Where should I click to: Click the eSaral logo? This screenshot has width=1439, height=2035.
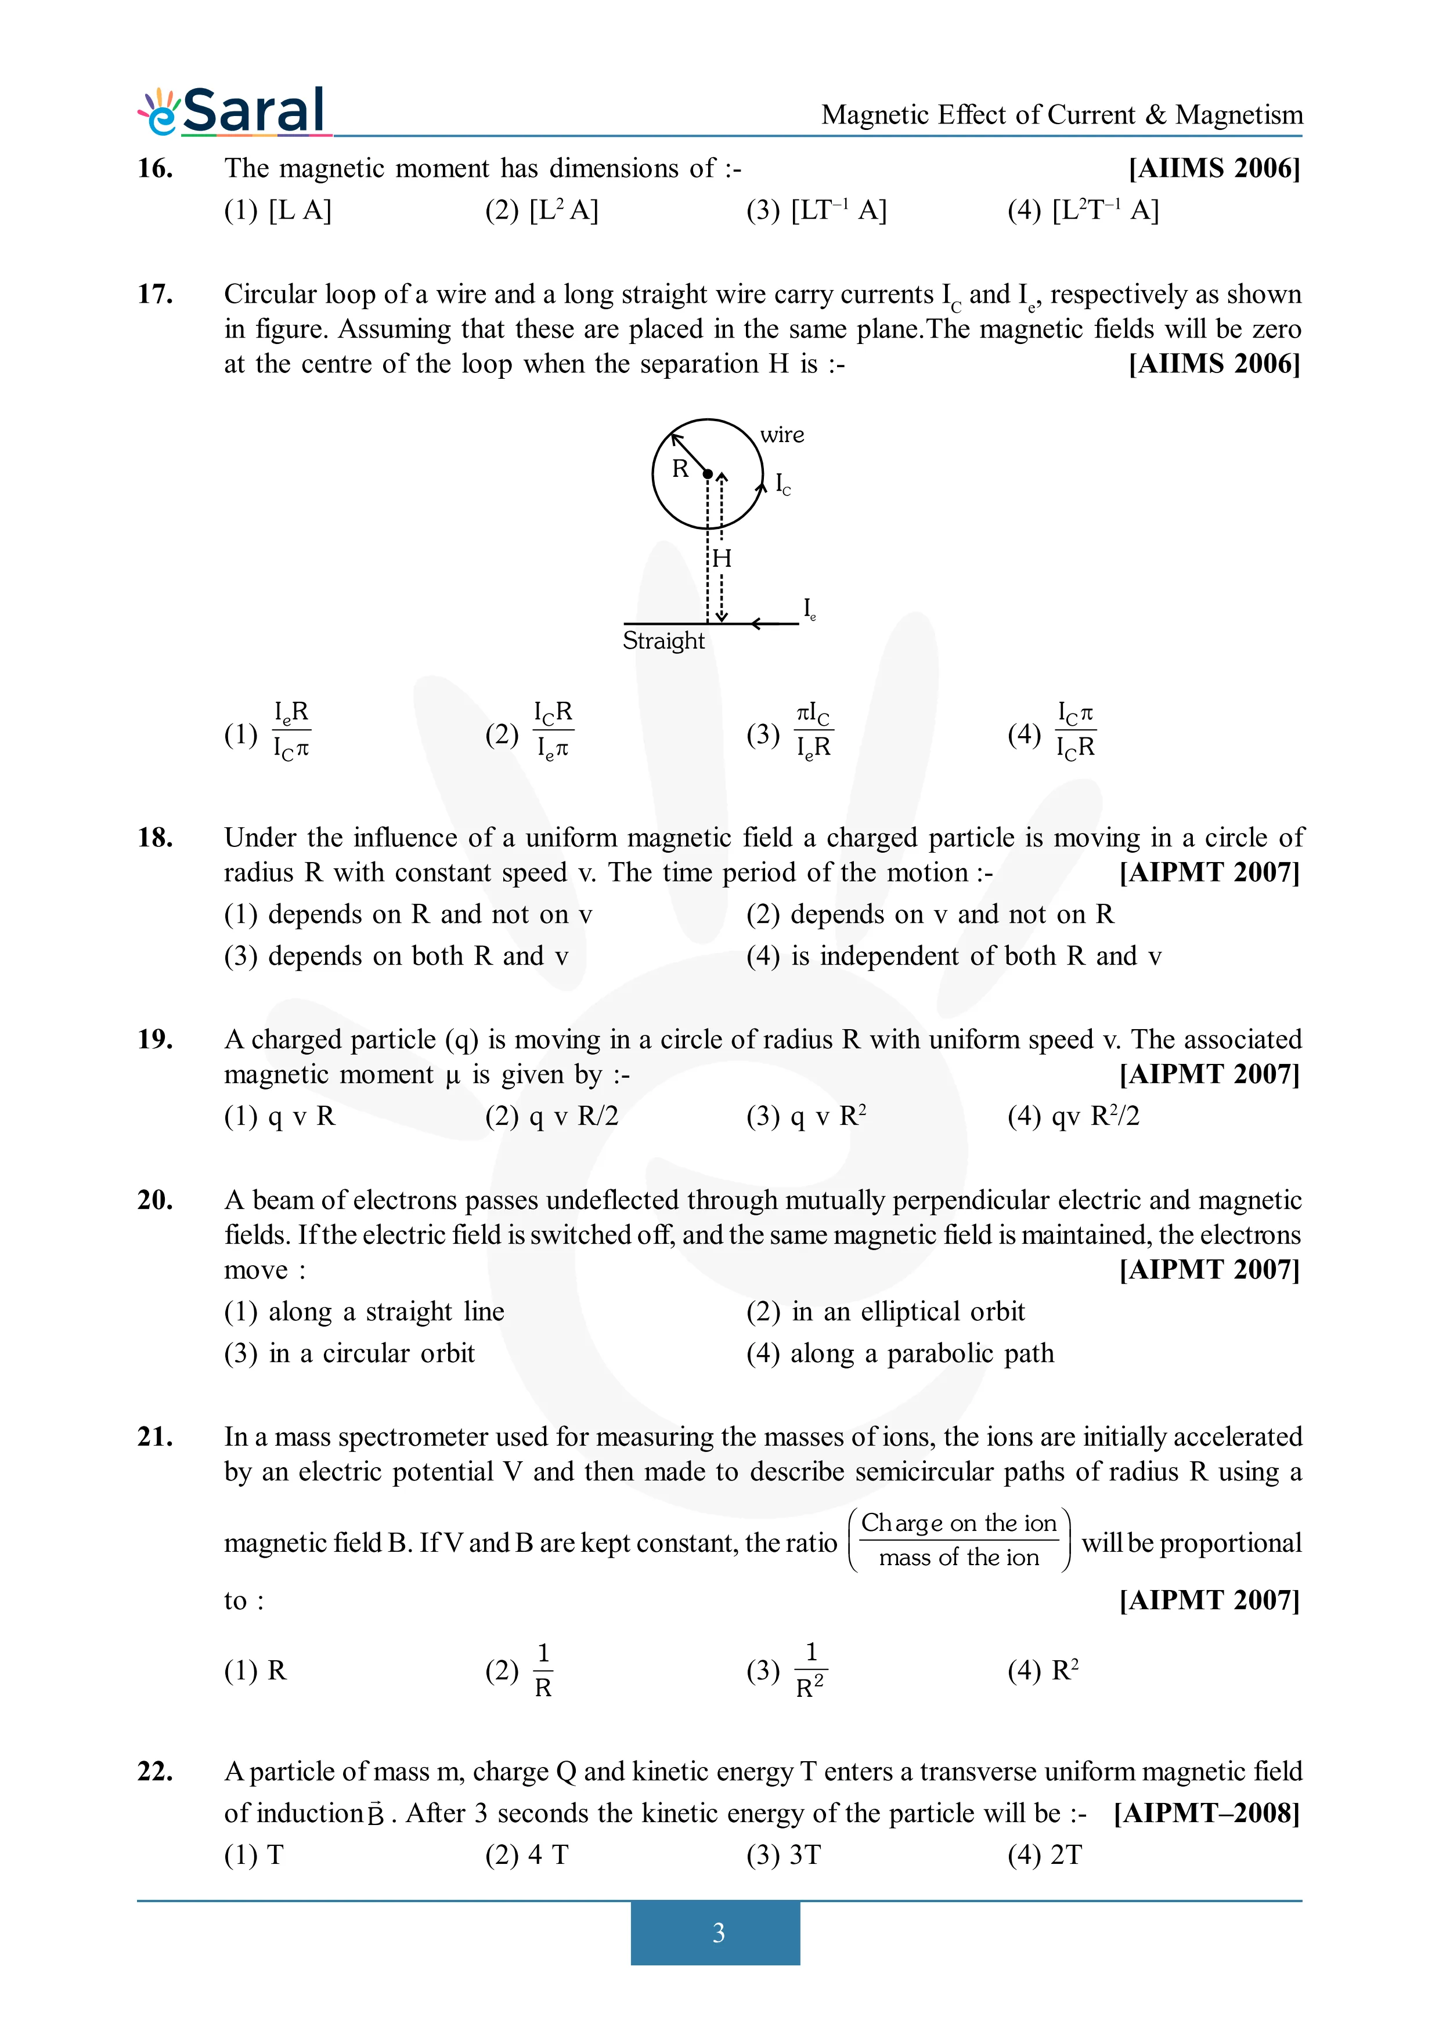[232, 112]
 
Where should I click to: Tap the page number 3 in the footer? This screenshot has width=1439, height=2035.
[718, 1932]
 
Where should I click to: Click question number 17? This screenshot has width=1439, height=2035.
[155, 294]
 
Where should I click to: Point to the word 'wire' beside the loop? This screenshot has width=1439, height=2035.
[782, 435]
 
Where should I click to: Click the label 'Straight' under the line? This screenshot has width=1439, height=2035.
[663, 641]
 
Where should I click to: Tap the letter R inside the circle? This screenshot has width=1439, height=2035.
[680, 469]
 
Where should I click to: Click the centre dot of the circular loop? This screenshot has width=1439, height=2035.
[708, 474]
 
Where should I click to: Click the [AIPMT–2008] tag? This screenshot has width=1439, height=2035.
[1207, 1813]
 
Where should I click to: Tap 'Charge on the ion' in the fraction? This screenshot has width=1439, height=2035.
[958, 1523]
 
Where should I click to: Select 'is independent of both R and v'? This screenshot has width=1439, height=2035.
[975, 957]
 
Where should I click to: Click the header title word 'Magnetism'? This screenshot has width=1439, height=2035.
[1239, 115]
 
